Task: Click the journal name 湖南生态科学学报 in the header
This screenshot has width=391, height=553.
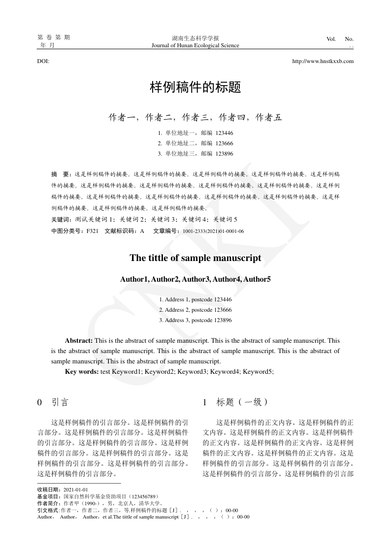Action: click(195, 38)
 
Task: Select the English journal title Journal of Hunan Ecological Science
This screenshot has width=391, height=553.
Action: click(195, 45)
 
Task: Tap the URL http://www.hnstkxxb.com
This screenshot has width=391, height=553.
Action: click(323, 62)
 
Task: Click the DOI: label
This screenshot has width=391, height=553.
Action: click(43, 62)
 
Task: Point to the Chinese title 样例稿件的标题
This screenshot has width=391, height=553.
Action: click(195, 88)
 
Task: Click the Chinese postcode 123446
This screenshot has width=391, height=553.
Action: click(224, 133)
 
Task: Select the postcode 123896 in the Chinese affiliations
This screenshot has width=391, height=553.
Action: click(224, 154)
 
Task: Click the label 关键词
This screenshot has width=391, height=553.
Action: click(61, 219)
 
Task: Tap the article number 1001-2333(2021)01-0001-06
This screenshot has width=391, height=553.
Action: click(213, 231)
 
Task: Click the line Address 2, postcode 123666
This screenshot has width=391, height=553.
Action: click(195, 310)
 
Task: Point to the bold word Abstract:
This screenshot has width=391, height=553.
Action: click(79, 340)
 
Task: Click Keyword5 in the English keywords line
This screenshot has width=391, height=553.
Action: click(258, 371)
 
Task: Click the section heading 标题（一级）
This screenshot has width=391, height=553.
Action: click(242, 402)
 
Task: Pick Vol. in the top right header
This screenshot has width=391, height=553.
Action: click(331, 39)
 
